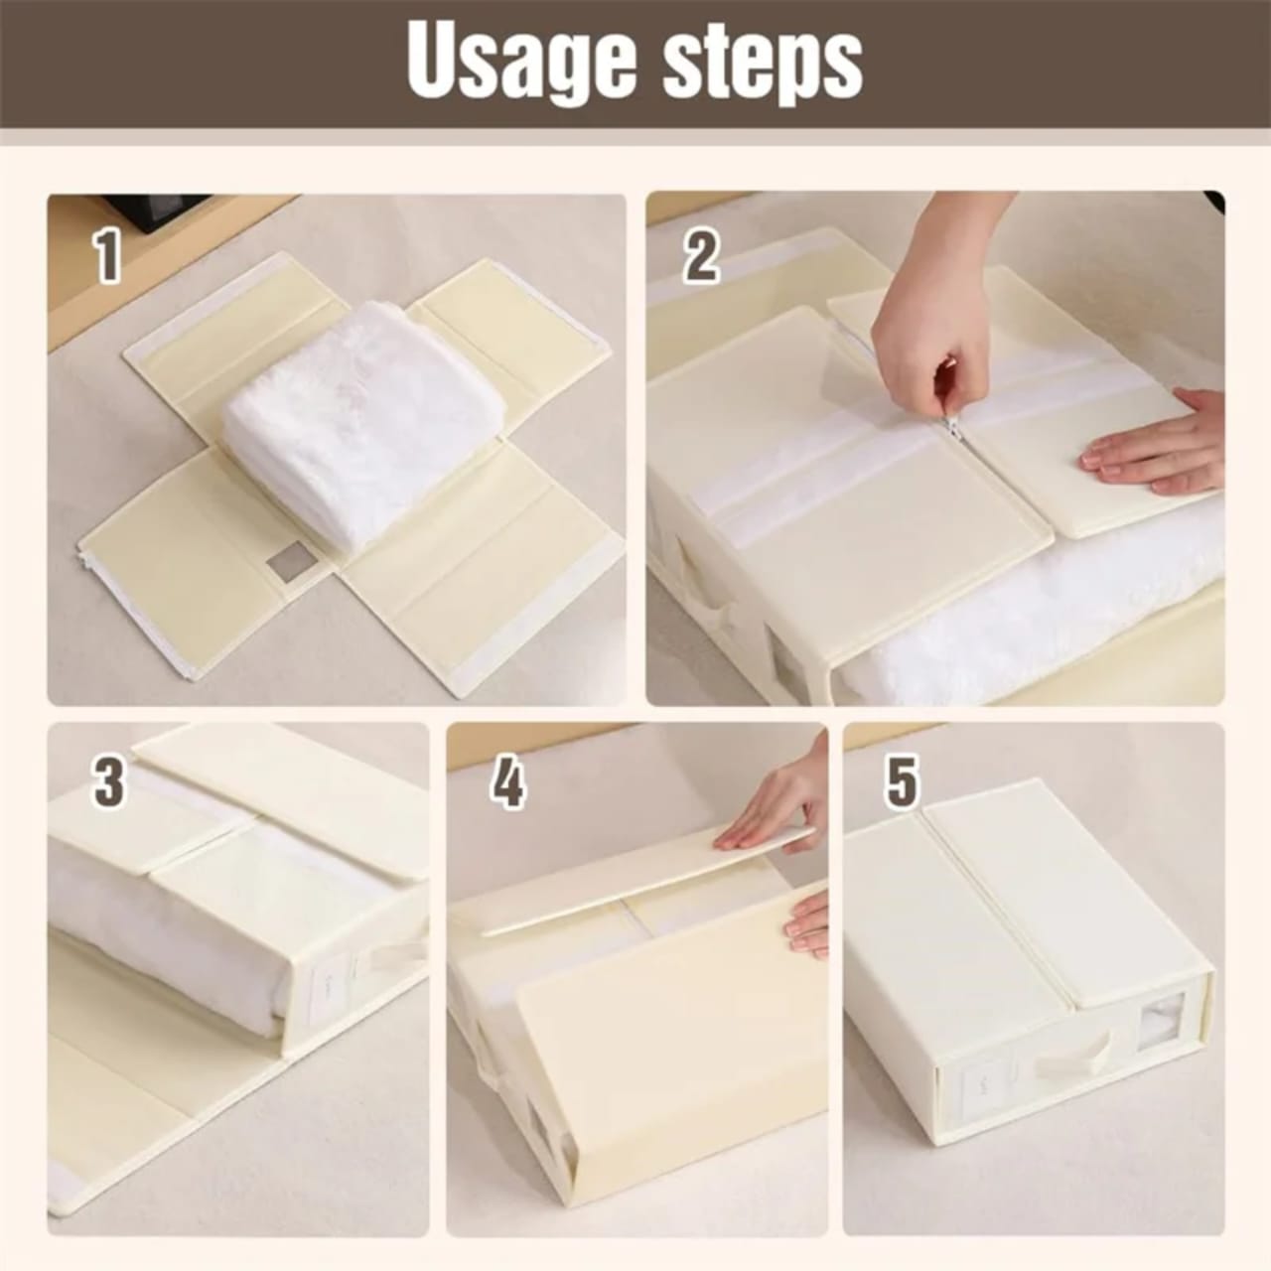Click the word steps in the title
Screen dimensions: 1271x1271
pyautogui.click(x=763, y=63)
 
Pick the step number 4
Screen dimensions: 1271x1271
pyautogui.click(x=507, y=781)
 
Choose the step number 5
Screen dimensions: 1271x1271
pyautogui.click(x=902, y=779)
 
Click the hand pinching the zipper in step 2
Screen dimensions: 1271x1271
pyautogui.click(x=928, y=318)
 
